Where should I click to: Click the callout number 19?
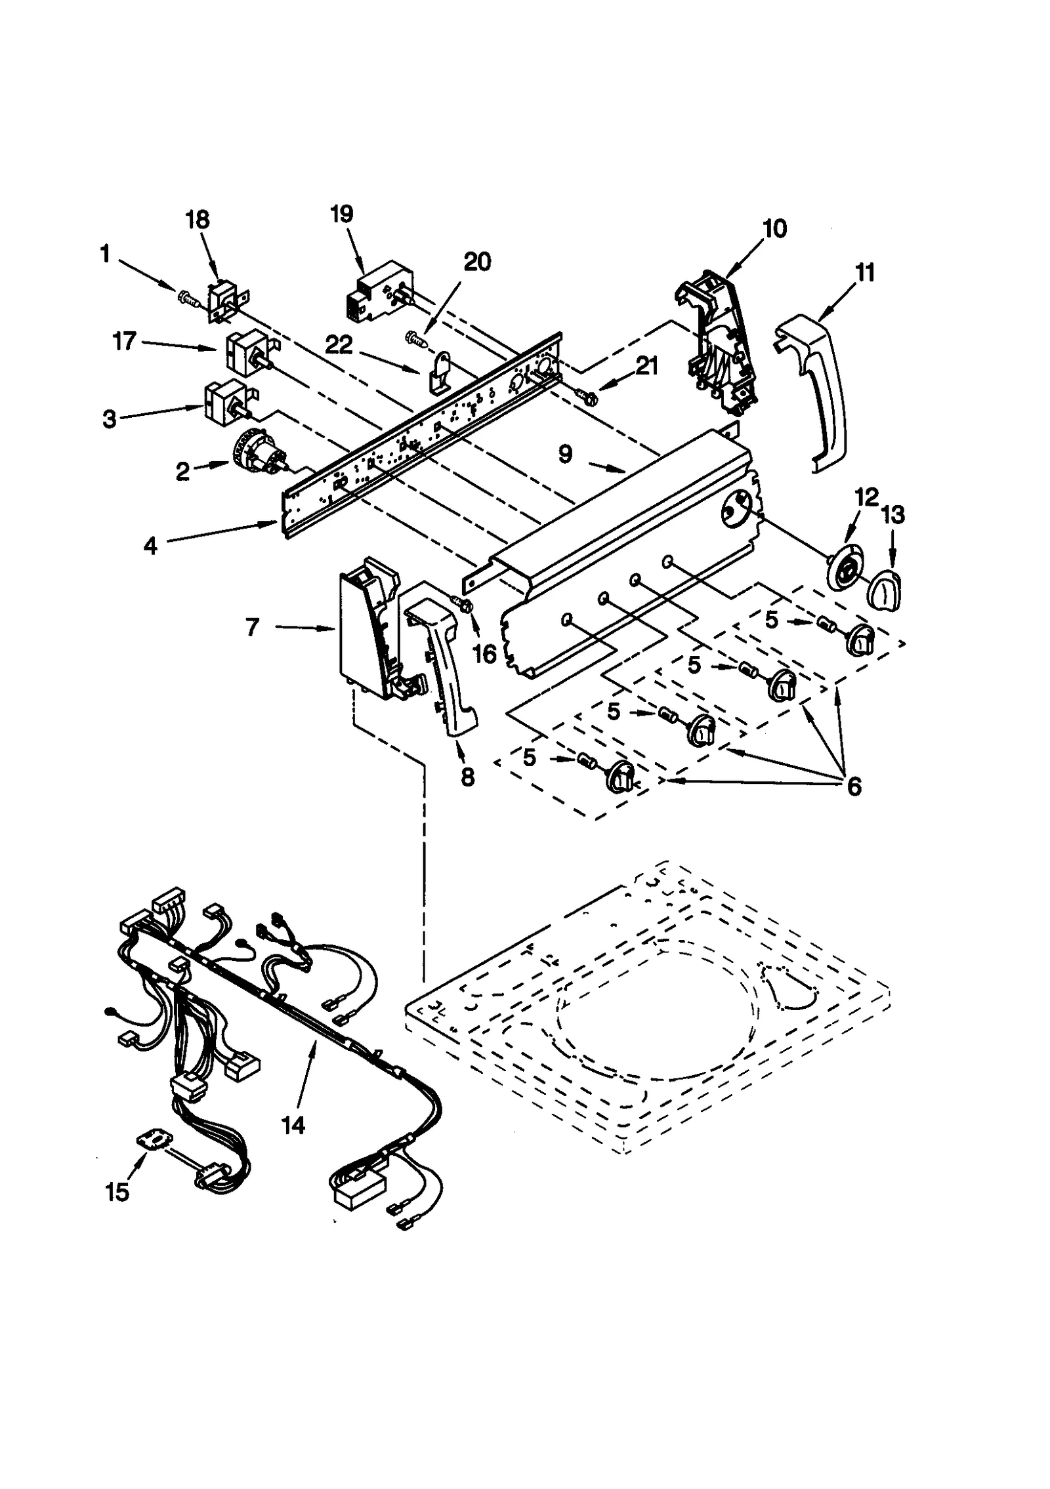coord(342,214)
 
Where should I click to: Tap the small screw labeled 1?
coord(188,299)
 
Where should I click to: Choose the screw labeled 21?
coord(586,395)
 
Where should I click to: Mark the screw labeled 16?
coord(465,606)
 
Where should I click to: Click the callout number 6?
coord(853,786)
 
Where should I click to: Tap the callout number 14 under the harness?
coord(293,1126)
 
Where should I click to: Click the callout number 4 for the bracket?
coord(152,546)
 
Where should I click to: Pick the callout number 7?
coord(253,628)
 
